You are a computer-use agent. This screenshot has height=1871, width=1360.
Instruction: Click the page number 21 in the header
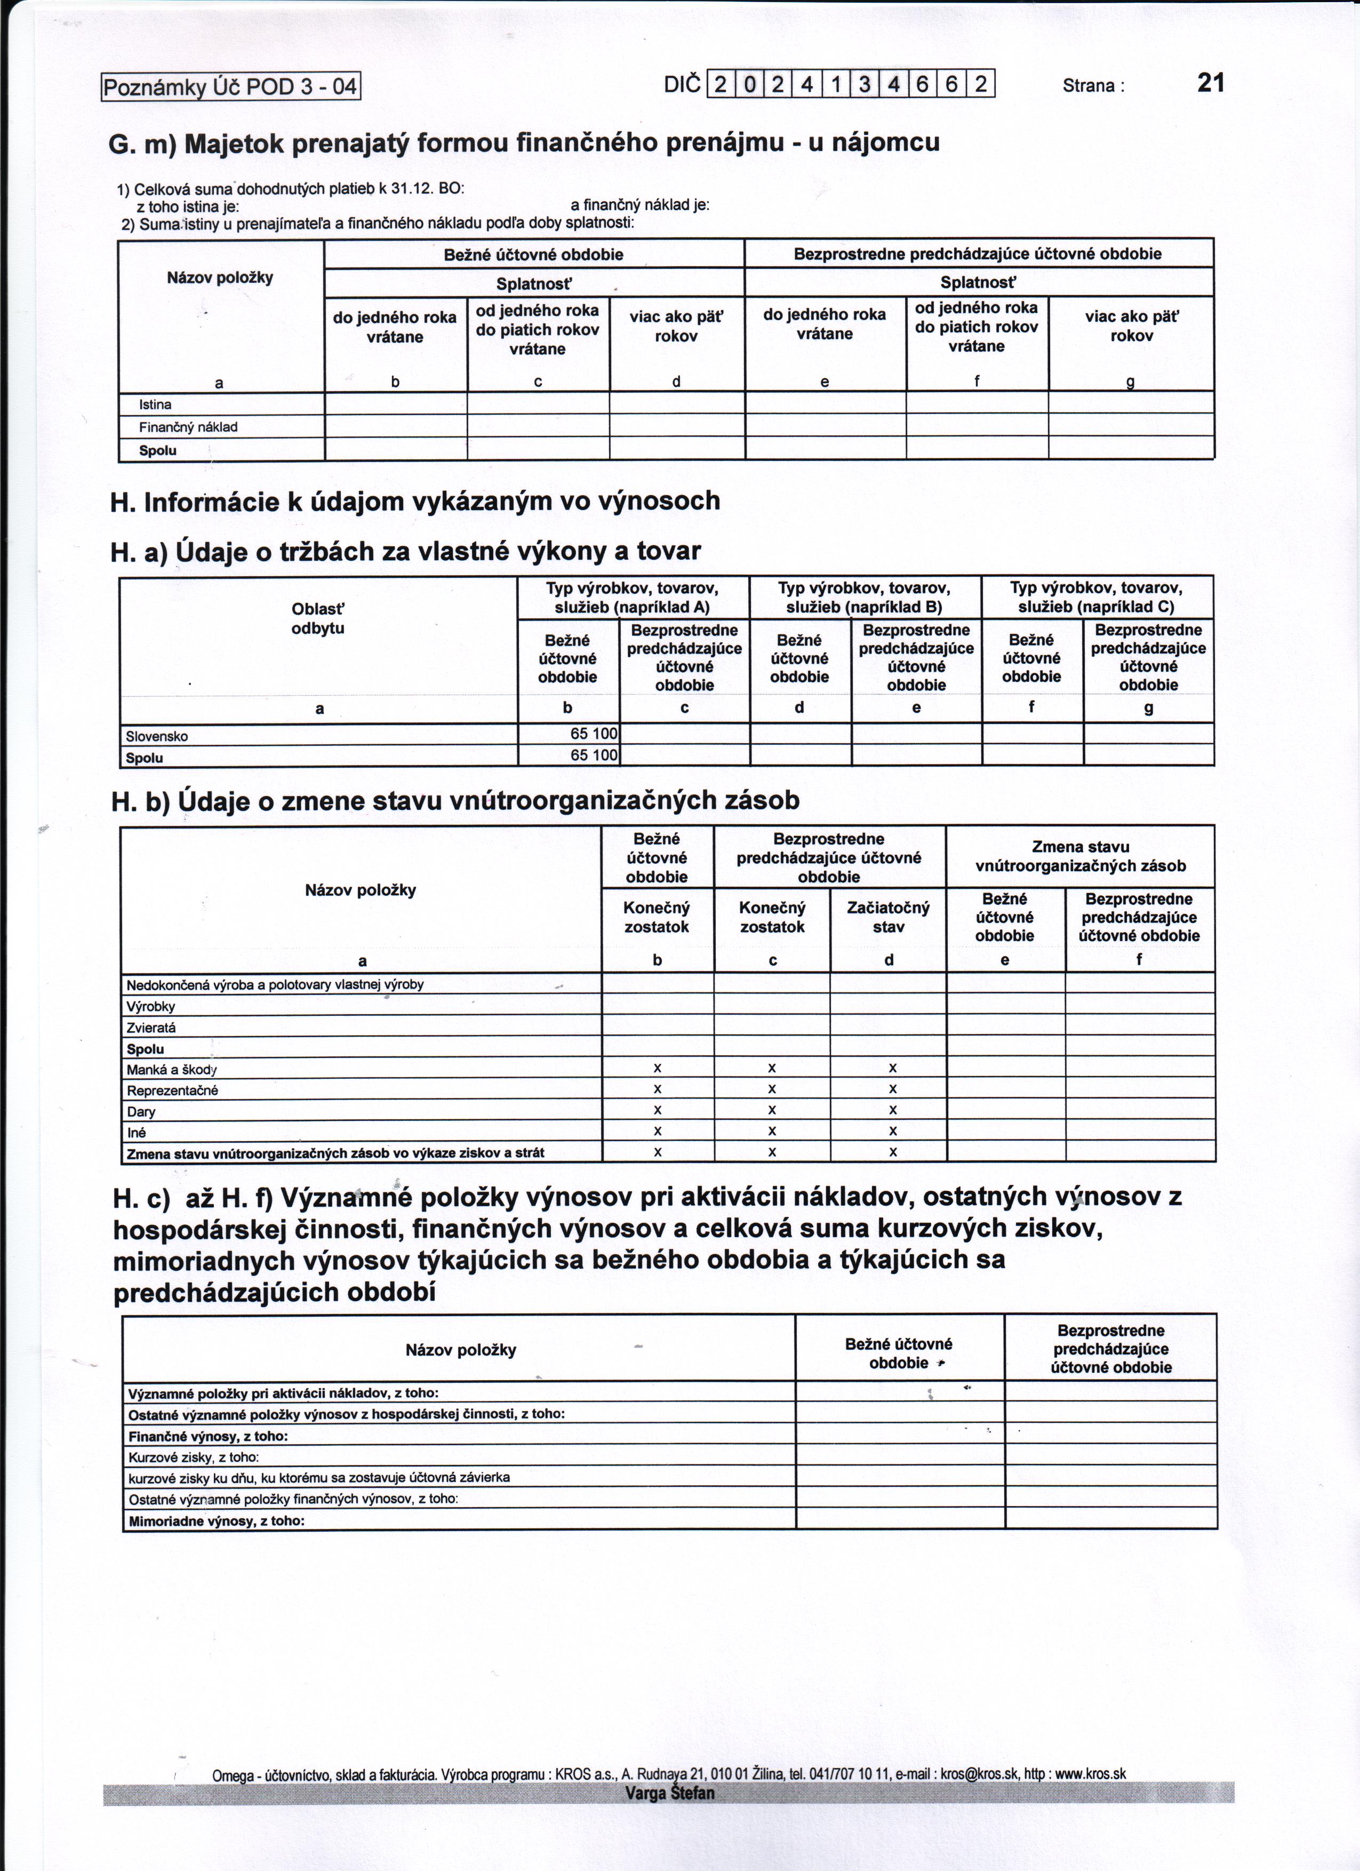coord(1210,83)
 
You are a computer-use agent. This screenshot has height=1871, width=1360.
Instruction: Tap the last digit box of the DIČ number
coord(981,84)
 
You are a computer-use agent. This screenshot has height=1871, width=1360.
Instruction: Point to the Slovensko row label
coord(157,736)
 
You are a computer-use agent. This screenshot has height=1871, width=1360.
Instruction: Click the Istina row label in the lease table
coord(155,404)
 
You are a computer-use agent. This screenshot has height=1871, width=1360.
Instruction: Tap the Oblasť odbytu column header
coord(318,619)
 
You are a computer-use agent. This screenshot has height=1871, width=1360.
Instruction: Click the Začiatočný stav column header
coord(888,917)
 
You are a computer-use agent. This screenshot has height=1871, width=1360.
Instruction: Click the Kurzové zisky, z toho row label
coord(194,1457)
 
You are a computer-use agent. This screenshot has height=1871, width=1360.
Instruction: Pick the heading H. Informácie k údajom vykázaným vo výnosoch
coord(415,501)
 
